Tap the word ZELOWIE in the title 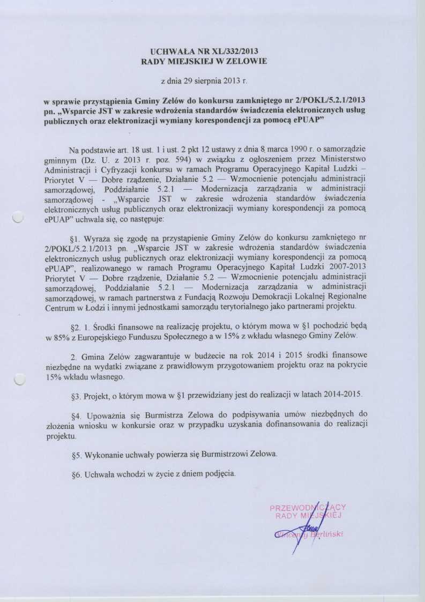coord(244,62)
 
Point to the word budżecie coord(197,356)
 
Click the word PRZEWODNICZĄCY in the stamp coord(308,507)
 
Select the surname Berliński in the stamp coord(327,534)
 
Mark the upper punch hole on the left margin coord(19,217)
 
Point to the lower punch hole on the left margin coord(19,380)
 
